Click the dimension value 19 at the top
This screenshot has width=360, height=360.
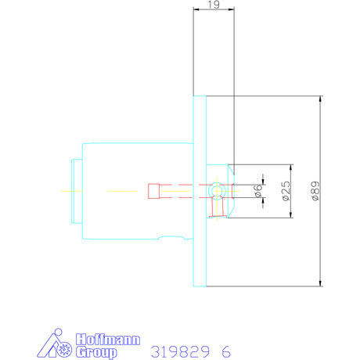coord(214,5)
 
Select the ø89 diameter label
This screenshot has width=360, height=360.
coord(315,191)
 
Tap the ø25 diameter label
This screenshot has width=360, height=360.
coord(286,191)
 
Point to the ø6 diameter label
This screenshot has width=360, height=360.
coord(257,191)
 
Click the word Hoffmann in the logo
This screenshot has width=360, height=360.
coord(108,340)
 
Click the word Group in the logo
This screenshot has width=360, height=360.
coord(96,352)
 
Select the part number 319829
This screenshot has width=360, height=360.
coord(180,352)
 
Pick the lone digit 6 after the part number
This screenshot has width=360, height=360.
coord(226,352)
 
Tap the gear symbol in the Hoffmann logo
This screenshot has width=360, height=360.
coord(64,350)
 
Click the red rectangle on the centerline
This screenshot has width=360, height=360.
coord(154,191)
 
